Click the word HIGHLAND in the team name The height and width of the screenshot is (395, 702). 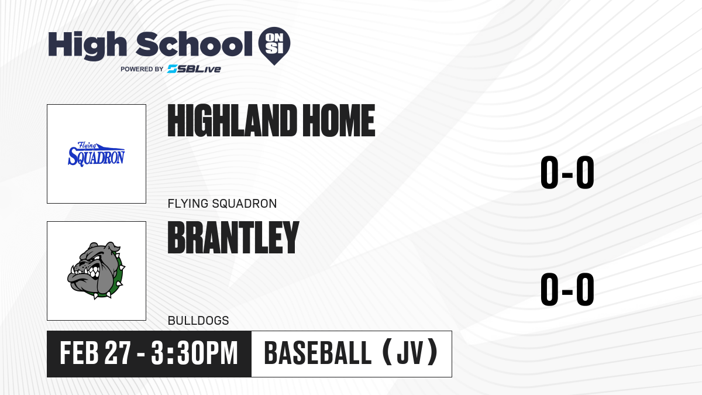232,121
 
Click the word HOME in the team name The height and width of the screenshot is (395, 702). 339,121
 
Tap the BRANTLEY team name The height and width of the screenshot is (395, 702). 233,238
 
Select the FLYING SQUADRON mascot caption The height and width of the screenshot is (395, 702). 222,204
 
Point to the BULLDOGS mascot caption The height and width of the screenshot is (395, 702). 198,321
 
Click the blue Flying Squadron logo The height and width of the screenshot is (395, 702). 96,154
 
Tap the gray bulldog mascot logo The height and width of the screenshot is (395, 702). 96,270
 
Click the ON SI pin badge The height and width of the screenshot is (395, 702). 274,46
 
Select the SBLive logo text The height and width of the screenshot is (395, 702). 194,69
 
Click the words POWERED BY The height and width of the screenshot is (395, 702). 142,69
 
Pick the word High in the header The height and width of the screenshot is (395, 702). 87,44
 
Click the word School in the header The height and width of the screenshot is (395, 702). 194,43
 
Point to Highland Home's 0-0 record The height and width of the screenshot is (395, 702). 567,172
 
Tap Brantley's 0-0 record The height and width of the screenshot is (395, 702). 567,289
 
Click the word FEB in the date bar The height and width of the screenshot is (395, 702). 80,353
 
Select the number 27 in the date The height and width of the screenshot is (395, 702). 118,353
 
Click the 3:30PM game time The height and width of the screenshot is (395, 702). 195,353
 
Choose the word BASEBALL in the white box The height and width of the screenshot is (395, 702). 318,353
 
